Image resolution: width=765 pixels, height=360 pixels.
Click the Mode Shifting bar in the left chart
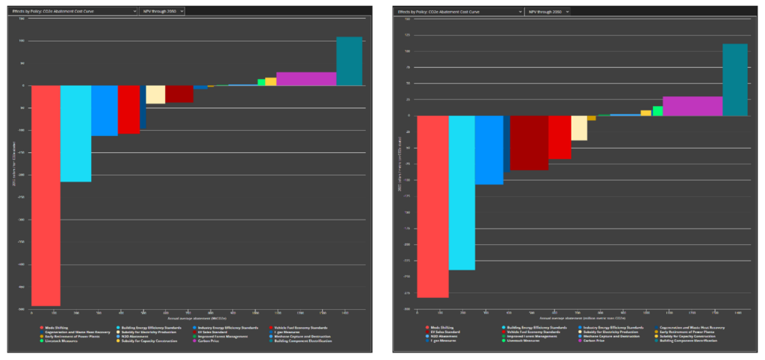(x=46, y=194)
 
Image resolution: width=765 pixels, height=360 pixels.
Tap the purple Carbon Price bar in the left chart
(x=306, y=78)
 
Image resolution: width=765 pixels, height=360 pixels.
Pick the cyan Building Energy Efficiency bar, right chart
(x=462, y=192)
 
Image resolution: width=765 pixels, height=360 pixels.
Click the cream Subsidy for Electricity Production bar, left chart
(x=155, y=94)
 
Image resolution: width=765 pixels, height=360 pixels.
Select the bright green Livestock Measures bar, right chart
(x=657, y=111)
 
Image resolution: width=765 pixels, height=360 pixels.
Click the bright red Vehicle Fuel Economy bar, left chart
(x=128, y=109)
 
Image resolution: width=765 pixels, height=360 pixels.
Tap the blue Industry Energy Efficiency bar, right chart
(x=489, y=149)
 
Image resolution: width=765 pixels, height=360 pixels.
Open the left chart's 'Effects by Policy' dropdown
(x=73, y=11)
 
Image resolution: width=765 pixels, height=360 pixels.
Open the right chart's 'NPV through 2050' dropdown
(x=547, y=12)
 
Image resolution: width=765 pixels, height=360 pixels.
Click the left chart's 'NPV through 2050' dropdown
(x=162, y=11)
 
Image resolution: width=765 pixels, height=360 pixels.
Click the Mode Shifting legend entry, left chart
(x=56, y=327)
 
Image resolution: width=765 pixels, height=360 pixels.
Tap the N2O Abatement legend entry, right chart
(x=445, y=336)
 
